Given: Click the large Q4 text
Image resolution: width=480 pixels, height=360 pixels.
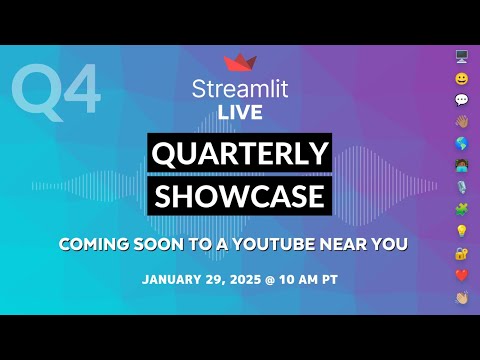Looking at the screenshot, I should pos(56,92).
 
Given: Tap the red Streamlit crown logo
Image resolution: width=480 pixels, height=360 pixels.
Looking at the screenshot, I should pos(240,62).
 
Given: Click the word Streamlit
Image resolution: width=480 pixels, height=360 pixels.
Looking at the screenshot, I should pos(240,87).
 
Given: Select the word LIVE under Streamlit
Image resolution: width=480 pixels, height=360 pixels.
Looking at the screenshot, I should pos(240,111).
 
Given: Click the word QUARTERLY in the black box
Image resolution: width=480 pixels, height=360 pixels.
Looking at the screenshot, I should pos(240,153).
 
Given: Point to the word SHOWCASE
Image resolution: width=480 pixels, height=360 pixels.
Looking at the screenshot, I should pos(240,195).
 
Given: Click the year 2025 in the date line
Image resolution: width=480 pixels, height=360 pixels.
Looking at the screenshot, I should pos(248,279).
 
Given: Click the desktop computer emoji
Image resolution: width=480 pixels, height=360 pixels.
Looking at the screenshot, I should pos(461,56).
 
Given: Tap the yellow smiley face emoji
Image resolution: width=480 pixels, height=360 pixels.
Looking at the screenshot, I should pos(461,78).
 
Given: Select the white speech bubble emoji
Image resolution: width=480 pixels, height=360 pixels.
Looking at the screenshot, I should pos(461,100).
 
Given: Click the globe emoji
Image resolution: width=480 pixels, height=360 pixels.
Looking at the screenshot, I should pos(461,144).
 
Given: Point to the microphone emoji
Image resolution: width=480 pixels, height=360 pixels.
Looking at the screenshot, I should pos(461,188).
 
